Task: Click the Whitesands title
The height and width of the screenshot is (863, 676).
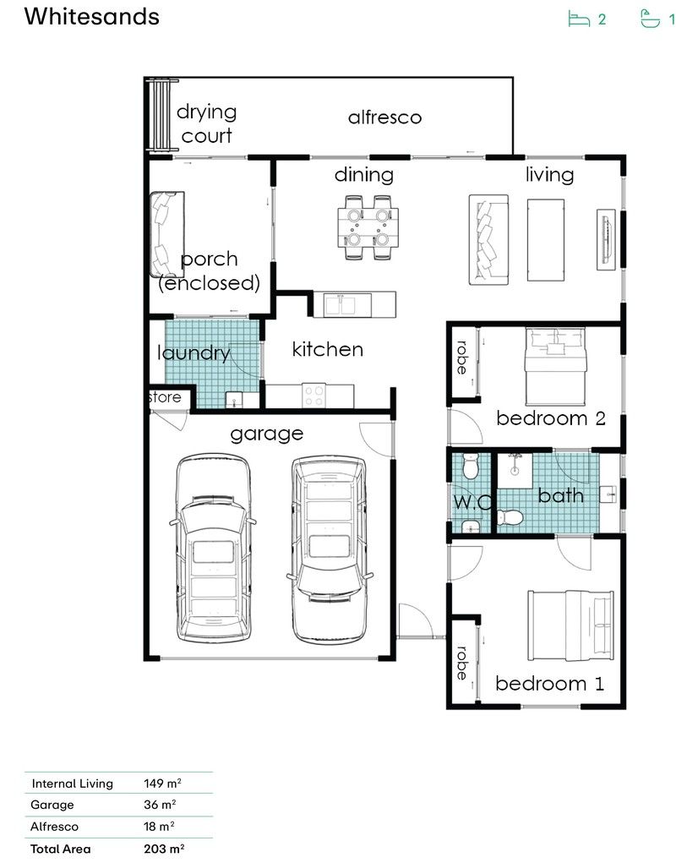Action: click(92, 16)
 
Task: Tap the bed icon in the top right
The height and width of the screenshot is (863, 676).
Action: click(579, 19)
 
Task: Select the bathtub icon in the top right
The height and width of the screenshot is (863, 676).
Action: click(650, 19)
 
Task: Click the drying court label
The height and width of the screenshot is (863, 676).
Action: click(206, 123)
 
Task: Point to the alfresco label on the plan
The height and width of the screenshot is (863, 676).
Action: click(384, 117)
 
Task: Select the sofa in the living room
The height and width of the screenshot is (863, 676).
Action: click(488, 238)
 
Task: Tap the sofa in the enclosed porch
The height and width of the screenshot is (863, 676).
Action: click(165, 234)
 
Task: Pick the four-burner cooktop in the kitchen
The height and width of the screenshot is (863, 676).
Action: click(315, 392)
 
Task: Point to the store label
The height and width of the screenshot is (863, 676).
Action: click(165, 396)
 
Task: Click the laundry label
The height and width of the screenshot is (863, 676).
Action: click(194, 352)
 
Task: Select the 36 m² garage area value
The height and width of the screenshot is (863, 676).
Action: click(160, 805)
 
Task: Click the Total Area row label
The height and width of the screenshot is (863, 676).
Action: click(60, 849)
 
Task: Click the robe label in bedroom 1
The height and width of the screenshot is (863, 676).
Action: click(461, 663)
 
